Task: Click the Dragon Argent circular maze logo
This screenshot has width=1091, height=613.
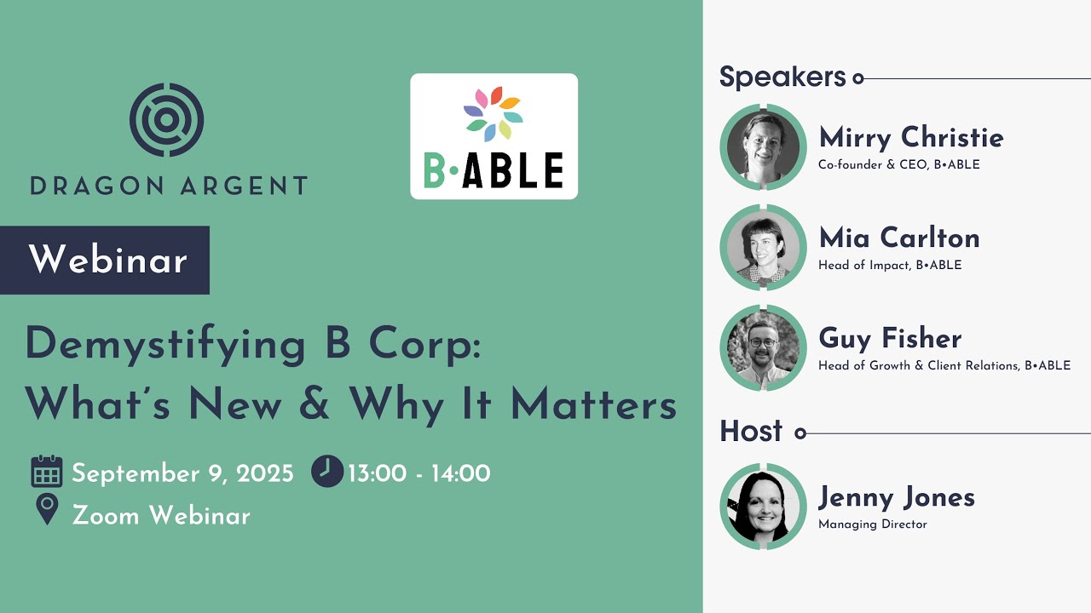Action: (167, 119)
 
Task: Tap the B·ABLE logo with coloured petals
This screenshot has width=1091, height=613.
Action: (494, 136)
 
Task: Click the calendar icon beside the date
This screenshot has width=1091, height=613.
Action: (47, 473)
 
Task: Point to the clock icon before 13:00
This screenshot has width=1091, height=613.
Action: (327, 471)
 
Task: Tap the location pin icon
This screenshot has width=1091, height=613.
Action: (47, 510)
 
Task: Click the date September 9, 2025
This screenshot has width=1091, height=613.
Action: (182, 473)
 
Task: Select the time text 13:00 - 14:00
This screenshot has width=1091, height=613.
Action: (419, 473)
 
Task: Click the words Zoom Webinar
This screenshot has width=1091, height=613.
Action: (161, 515)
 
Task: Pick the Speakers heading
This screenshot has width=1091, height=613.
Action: (782, 77)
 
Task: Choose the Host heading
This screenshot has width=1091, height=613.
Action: (751, 432)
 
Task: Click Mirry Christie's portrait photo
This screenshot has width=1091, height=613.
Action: (763, 146)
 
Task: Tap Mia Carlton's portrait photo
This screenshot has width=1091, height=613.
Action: (763, 247)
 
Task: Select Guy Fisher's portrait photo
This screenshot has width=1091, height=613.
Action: (763, 347)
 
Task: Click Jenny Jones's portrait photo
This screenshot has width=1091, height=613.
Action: (763, 506)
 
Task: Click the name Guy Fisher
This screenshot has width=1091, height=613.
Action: (890, 338)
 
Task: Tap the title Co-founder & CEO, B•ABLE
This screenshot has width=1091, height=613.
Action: (899, 165)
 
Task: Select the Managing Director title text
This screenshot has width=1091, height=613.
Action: (872, 524)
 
